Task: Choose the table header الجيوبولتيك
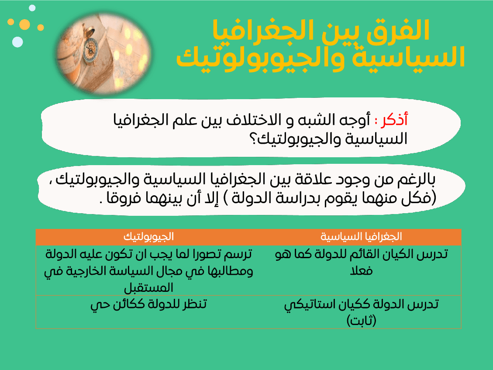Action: click(149, 237)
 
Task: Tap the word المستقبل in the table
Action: click(148, 287)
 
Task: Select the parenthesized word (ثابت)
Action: click(362, 321)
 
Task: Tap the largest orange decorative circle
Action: click(25, 24)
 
